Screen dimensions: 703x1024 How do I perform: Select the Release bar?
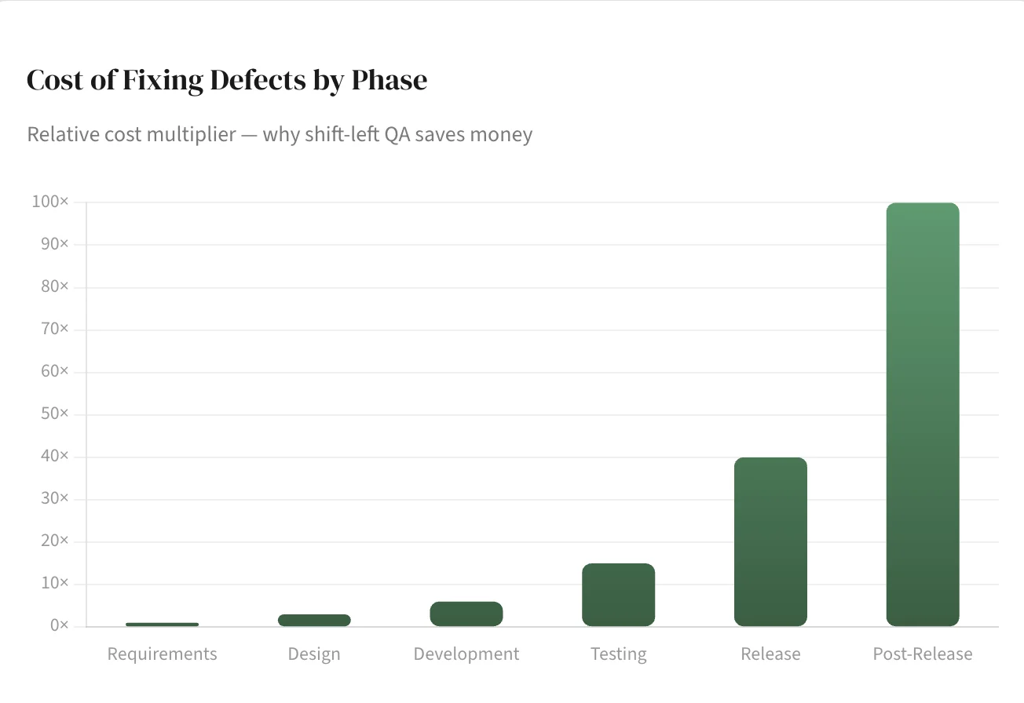coord(770,541)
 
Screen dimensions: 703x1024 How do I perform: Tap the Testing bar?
coord(618,595)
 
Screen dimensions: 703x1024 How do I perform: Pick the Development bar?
coord(466,614)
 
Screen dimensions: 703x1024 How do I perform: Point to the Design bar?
coord(314,620)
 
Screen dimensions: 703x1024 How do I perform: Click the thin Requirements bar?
coord(162,625)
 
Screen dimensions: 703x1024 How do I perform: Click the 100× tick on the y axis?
coord(50,202)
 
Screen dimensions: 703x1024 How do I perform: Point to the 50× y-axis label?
coord(54,414)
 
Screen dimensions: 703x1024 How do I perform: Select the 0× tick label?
coord(59,626)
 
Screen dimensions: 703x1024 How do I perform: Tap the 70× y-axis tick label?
coord(54,330)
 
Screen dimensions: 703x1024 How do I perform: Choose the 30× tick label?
coord(54,499)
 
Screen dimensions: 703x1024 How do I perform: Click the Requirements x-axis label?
coord(162,654)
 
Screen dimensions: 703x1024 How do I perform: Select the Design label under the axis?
coord(314,654)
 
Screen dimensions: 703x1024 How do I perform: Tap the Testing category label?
coord(618,654)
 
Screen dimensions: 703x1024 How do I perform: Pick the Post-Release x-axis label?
coord(923,654)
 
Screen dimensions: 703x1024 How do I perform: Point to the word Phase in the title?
coord(389,80)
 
